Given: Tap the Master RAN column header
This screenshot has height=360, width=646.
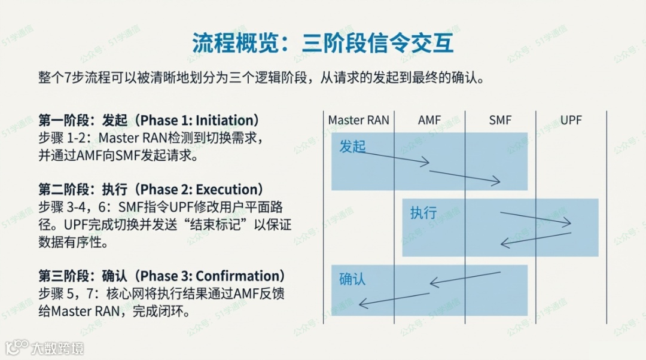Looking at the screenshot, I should [x=358, y=120].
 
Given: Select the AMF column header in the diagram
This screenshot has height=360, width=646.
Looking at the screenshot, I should [x=429, y=120].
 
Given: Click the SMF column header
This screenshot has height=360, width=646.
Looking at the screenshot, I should [x=500, y=120].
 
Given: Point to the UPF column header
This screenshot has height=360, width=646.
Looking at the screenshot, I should [x=571, y=120].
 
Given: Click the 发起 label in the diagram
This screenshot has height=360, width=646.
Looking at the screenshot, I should [x=352, y=147].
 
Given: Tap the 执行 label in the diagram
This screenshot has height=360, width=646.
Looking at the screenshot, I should [x=423, y=213].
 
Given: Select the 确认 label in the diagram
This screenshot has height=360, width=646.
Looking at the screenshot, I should [x=352, y=279].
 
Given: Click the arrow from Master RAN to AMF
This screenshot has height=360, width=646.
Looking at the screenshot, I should [x=395, y=158].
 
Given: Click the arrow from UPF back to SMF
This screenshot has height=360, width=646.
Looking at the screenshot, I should [x=535, y=239].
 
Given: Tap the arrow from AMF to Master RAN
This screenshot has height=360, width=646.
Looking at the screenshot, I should [x=395, y=299].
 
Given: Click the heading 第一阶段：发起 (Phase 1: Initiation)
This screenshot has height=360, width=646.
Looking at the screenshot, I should [x=149, y=120].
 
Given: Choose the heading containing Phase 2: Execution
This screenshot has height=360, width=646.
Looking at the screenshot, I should [x=151, y=190].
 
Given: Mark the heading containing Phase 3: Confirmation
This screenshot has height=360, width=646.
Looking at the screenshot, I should [x=161, y=276].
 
